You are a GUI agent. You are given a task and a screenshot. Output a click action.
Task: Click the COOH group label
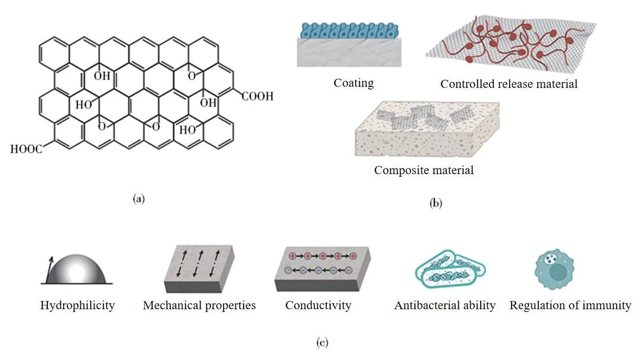257,97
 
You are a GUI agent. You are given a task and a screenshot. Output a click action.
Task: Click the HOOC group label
26,148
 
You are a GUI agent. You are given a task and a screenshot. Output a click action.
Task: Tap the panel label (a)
139,199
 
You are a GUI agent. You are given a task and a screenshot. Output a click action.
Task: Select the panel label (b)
436,204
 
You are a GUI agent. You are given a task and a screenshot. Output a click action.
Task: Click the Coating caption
353,83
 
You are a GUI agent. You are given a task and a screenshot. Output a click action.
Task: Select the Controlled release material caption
508,84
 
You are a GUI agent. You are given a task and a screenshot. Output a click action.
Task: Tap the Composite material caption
424,170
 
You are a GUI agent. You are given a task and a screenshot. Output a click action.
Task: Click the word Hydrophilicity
77,305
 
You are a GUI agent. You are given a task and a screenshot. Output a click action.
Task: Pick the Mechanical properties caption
199,305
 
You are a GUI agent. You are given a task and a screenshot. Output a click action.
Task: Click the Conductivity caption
318,305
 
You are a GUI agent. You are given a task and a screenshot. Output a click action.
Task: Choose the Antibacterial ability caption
445,305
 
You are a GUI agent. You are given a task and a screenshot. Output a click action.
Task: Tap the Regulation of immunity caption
570,305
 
